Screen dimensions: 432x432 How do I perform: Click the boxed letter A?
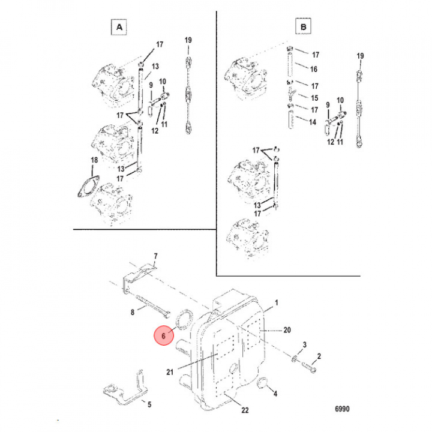(119, 27)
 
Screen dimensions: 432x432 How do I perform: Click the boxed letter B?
(304, 26)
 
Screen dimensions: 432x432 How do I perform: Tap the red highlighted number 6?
(164, 335)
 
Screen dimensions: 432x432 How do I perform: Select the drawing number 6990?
(342, 409)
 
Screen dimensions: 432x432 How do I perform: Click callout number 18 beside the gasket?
(94, 160)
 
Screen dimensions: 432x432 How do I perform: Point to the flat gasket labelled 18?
(88, 187)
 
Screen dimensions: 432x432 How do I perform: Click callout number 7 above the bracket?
(155, 256)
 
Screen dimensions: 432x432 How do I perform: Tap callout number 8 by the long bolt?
(133, 312)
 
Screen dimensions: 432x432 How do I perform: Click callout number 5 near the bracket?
(149, 404)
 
